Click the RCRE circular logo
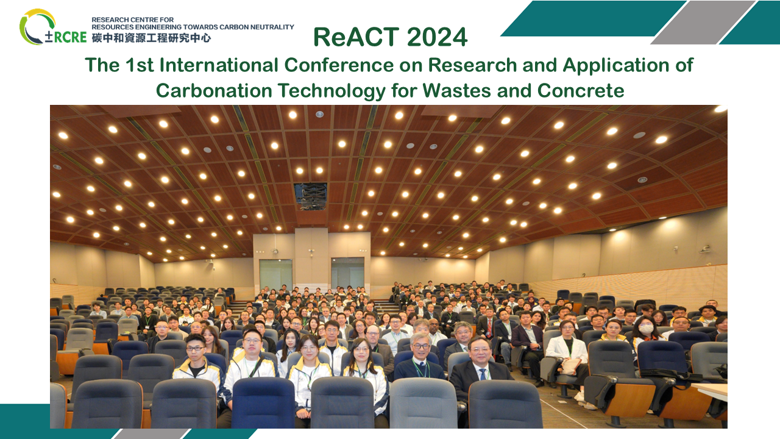pos(38,27)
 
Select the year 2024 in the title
pos(438,37)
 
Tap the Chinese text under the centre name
pos(151,38)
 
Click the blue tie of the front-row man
pos(482,373)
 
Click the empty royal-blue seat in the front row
pos(263,402)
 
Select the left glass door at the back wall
pos(275,274)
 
